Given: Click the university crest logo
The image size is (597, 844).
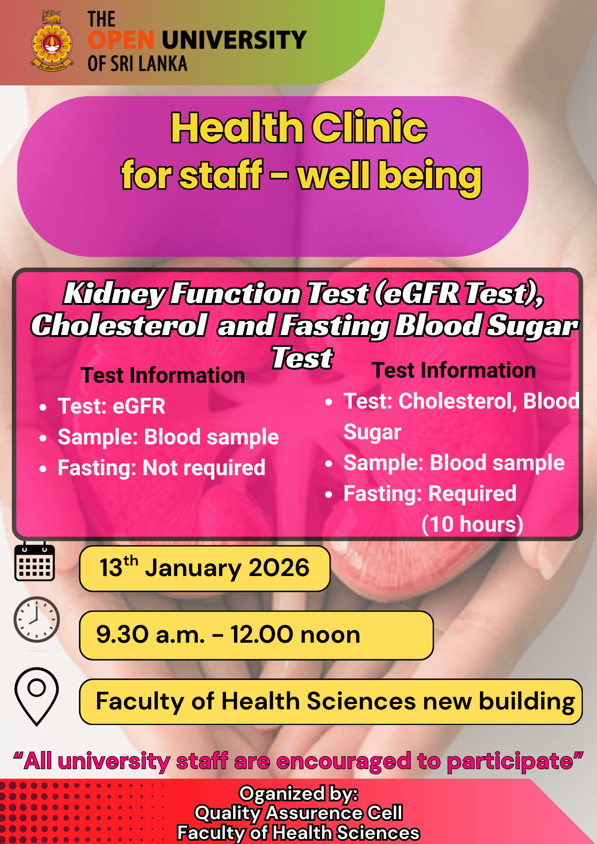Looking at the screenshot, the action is point(52,41).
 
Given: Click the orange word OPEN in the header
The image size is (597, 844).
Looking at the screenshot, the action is point(121,40).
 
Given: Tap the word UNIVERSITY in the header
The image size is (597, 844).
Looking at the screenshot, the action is point(234,40).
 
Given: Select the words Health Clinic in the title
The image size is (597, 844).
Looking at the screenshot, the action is point(299,127).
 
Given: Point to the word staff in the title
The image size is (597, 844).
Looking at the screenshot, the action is point(221,175).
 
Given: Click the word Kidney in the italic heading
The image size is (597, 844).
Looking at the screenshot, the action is point(114,294).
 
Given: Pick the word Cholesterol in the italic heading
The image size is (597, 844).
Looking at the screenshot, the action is point(119,326).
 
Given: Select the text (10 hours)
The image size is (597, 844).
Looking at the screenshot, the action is point(472,524).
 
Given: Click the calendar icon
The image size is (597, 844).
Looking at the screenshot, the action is point(35,562).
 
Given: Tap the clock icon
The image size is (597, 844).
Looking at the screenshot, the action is point(37,619).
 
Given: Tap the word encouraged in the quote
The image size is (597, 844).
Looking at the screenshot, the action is point(344,762).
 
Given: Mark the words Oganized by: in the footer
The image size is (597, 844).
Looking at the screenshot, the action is point(298,794).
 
